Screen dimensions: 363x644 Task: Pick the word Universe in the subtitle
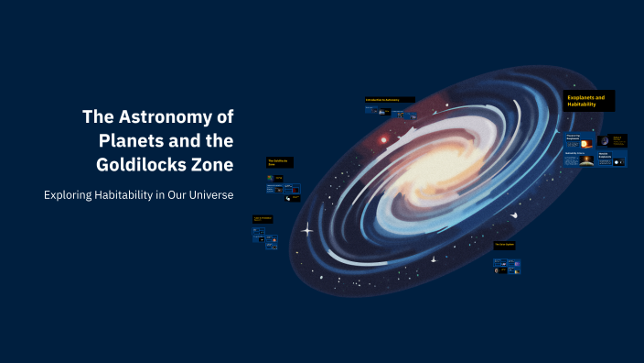pos(207,195)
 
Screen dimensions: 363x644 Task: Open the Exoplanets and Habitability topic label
pos(589,101)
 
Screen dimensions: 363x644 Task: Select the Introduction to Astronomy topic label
pos(389,99)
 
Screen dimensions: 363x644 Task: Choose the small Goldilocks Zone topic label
pos(279,162)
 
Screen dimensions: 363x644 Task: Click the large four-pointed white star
pos(308,228)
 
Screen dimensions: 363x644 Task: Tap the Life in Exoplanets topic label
pos(264,219)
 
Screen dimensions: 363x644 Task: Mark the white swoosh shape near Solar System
pos(514,215)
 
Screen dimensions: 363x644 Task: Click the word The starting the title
pos(97,117)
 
